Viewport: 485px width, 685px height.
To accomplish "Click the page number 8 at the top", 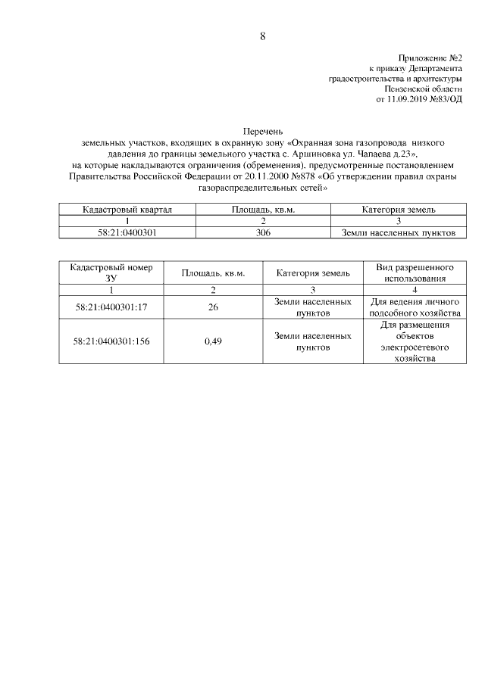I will click(x=262, y=36).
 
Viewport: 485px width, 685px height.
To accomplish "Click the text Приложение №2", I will click(x=430, y=58).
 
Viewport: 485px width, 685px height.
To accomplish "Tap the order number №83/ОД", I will click(x=446, y=99).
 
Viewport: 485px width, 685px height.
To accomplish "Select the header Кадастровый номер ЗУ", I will click(x=111, y=273).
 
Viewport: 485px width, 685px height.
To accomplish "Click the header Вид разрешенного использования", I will click(x=415, y=273).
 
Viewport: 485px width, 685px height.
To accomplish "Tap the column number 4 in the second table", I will click(x=415, y=290).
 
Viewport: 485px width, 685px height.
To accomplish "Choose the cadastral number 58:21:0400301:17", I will click(x=111, y=307).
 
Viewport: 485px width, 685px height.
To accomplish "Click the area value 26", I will click(x=213, y=307).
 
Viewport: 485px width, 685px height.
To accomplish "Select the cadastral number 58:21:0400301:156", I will click(x=111, y=341).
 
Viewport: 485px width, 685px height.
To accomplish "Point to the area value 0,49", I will click(x=213, y=341).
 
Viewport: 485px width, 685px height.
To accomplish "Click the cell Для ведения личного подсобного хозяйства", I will click(x=415, y=307).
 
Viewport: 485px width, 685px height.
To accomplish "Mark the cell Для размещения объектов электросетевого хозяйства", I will click(x=415, y=341).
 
